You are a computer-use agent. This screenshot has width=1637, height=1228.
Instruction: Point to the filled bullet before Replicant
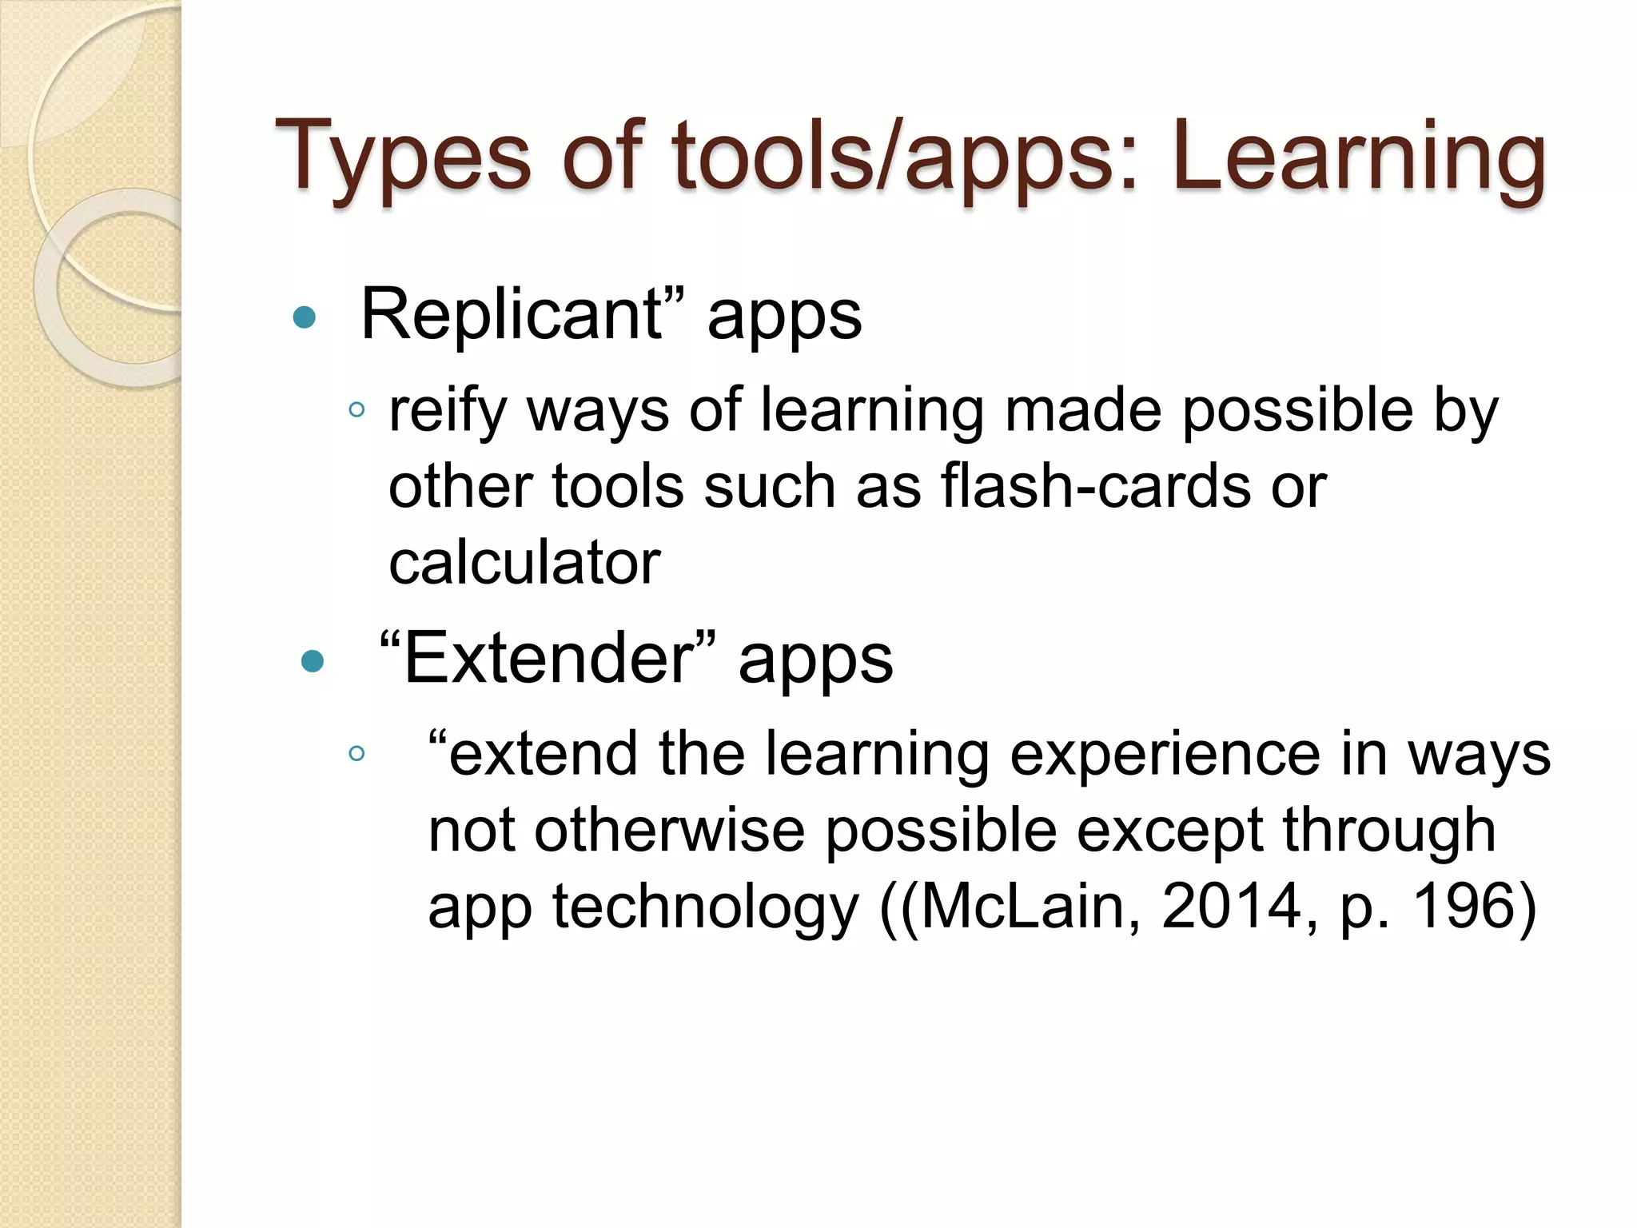point(305,318)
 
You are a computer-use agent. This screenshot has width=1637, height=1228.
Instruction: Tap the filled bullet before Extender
point(312,661)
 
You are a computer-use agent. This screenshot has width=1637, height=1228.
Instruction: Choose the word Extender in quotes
point(548,659)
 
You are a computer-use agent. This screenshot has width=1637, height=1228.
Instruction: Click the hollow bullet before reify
point(356,411)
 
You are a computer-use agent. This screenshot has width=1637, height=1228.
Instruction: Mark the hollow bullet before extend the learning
point(356,753)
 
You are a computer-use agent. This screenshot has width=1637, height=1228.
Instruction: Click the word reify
point(448,411)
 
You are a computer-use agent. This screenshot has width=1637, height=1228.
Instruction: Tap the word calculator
point(524,562)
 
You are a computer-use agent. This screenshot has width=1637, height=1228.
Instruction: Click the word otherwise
point(670,831)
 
